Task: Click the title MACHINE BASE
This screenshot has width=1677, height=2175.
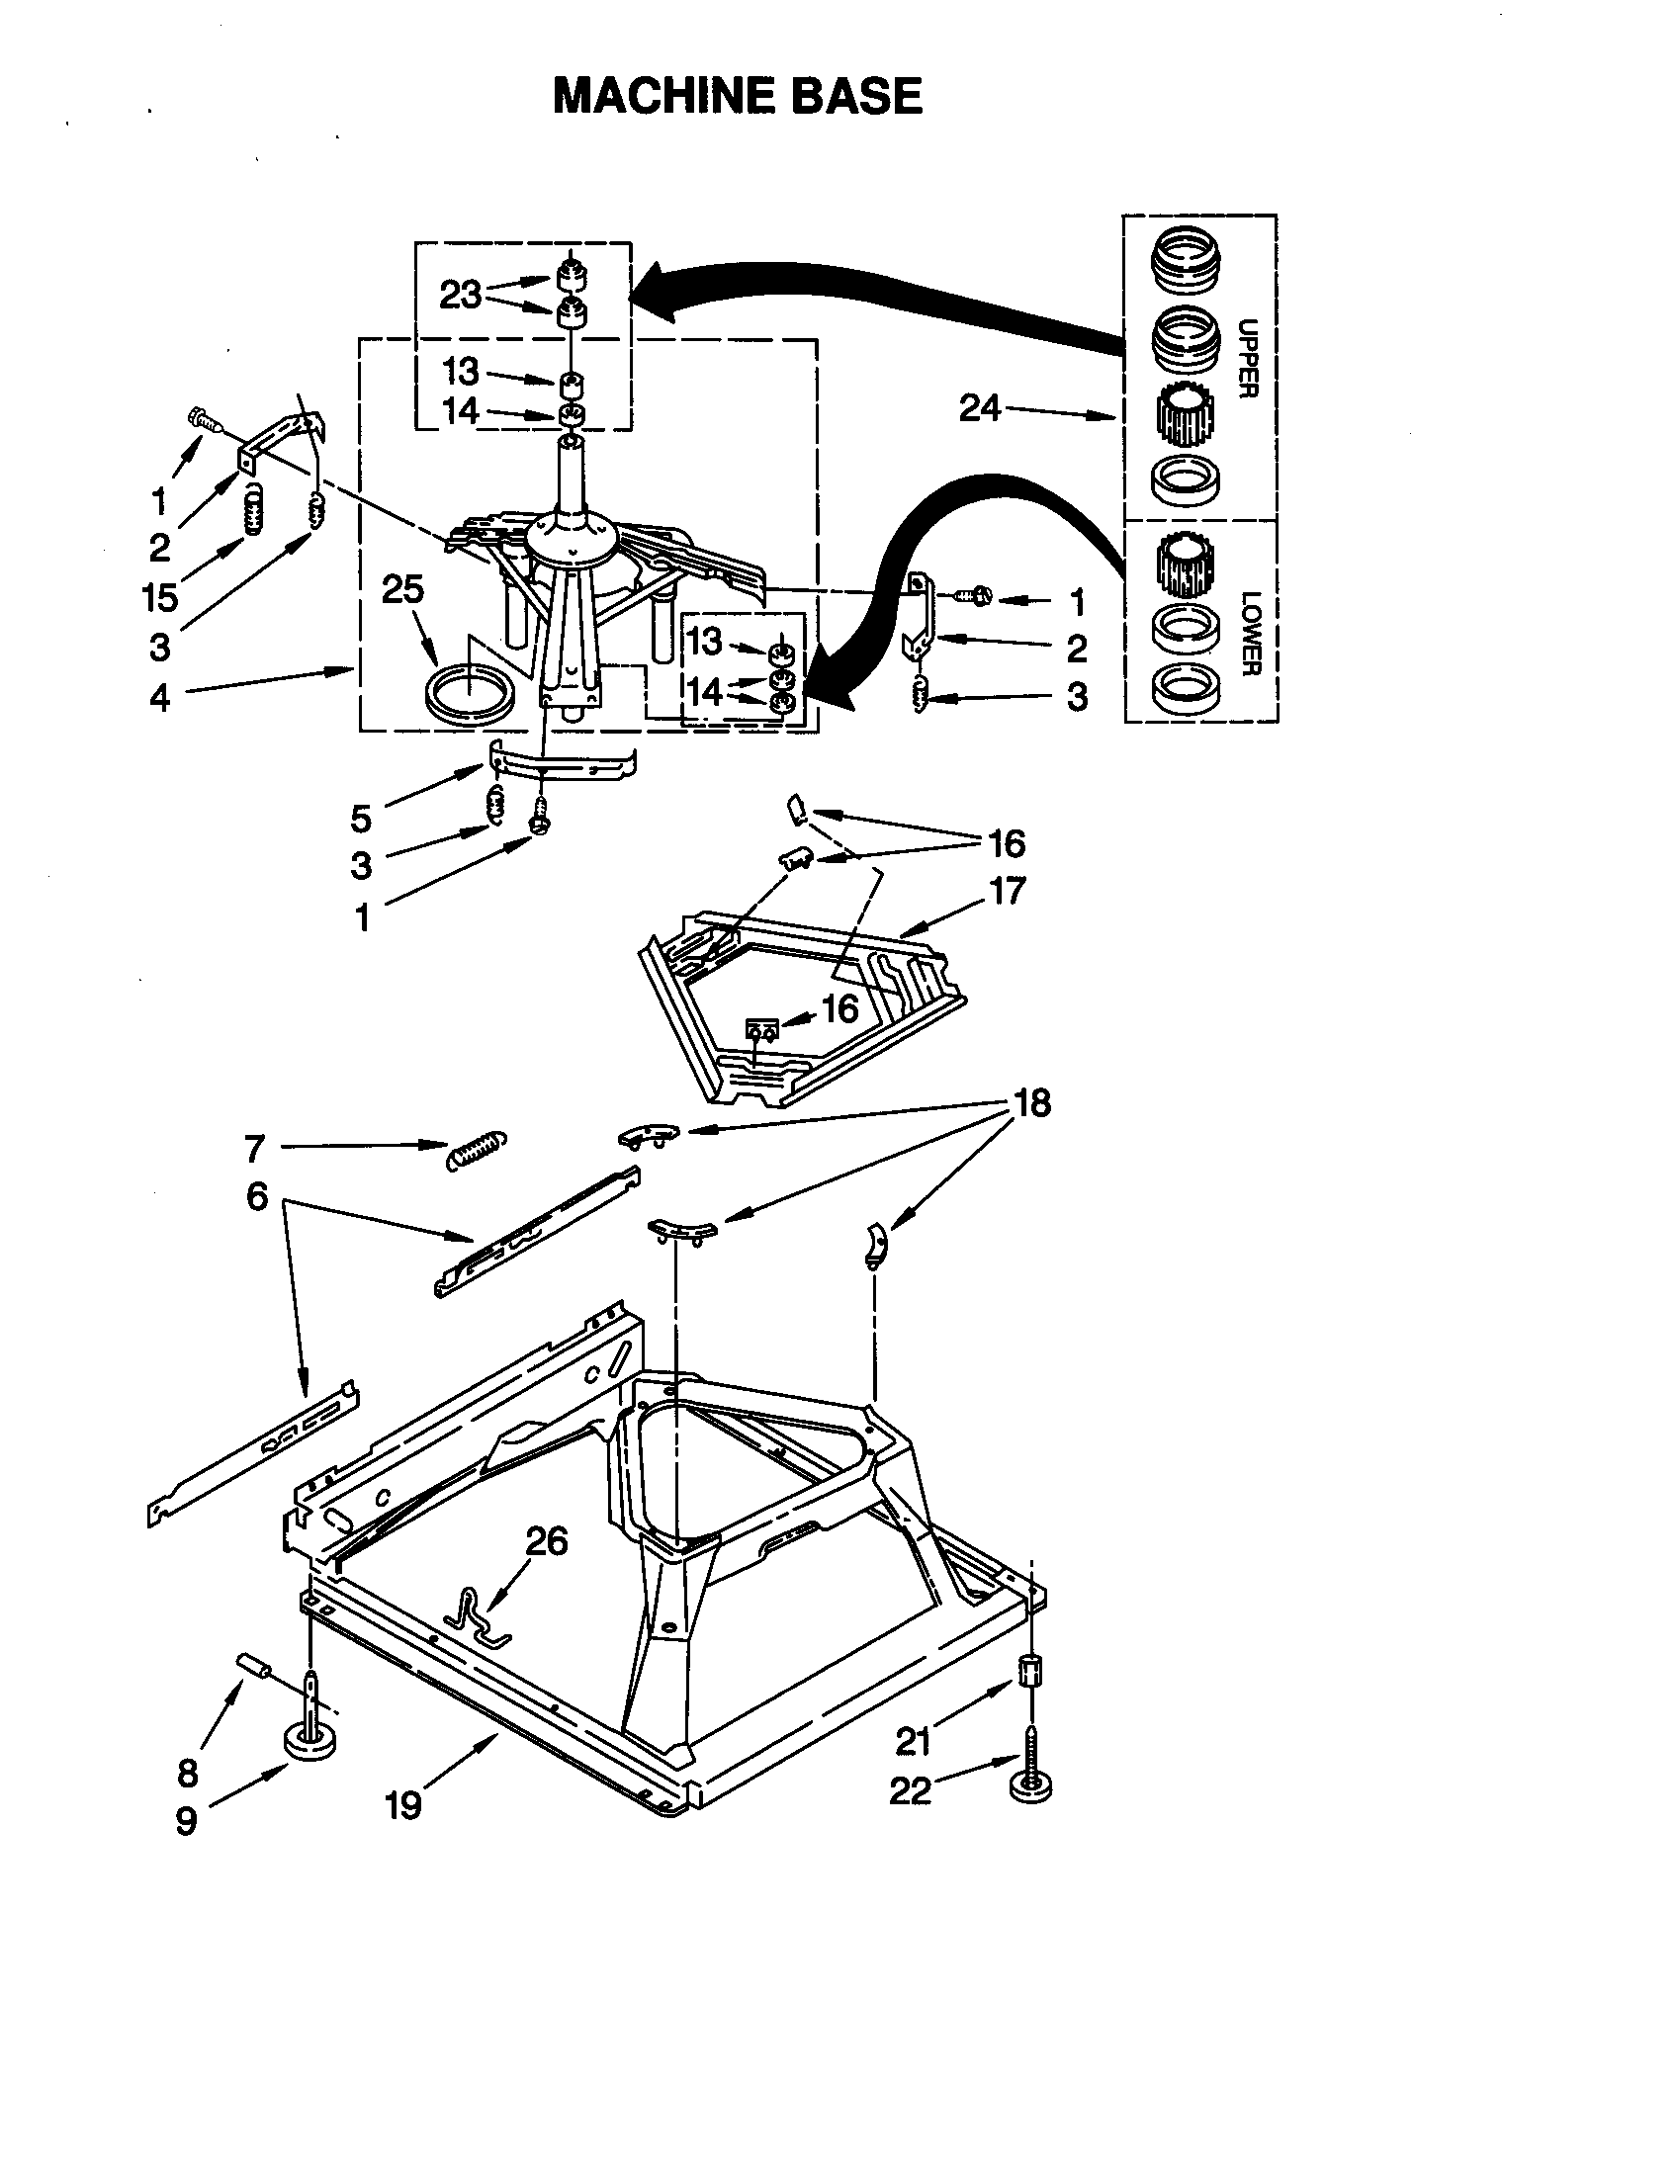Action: click(738, 97)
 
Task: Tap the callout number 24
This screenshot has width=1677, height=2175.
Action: click(979, 407)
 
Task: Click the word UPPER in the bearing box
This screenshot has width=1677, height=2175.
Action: click(1247, 358)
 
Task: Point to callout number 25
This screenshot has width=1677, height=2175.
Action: click(403, 589)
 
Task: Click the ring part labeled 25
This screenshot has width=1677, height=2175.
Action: click(469, 692)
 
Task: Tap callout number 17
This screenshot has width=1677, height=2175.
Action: click(1007, 891)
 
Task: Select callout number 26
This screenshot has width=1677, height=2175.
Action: click(546, 1540)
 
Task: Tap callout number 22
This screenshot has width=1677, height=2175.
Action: click(910, 1791)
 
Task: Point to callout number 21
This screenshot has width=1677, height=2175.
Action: click(913, 1741)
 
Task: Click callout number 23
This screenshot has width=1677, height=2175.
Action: click(460, 295)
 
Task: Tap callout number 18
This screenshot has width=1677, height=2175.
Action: click(1031, 1103)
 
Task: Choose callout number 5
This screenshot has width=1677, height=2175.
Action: click(361, 819)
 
